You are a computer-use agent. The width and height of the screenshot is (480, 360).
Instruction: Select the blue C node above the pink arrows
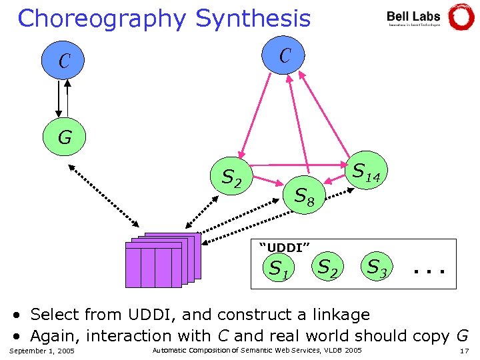click(x=285, y=55)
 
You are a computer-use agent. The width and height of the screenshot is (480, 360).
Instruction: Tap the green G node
click(x=65, y=138)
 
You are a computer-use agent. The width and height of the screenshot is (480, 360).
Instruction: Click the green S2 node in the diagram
click(x=231, y=177)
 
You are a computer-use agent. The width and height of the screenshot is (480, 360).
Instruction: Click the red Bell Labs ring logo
click(x=461, y=17)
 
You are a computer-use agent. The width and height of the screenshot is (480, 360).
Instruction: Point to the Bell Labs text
click(x=413, y=16)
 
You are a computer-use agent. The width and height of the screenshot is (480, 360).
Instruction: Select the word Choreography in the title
click(x=102, y=19)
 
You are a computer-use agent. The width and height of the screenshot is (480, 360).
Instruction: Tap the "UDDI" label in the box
click(x=284, y=247)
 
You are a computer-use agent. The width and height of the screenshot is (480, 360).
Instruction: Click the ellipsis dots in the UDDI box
click(x=428, y=271)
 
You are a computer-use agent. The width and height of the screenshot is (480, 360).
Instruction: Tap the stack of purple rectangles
click(x=162, y=260)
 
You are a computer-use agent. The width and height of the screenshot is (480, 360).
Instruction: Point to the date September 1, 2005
click(x=43, y=351)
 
